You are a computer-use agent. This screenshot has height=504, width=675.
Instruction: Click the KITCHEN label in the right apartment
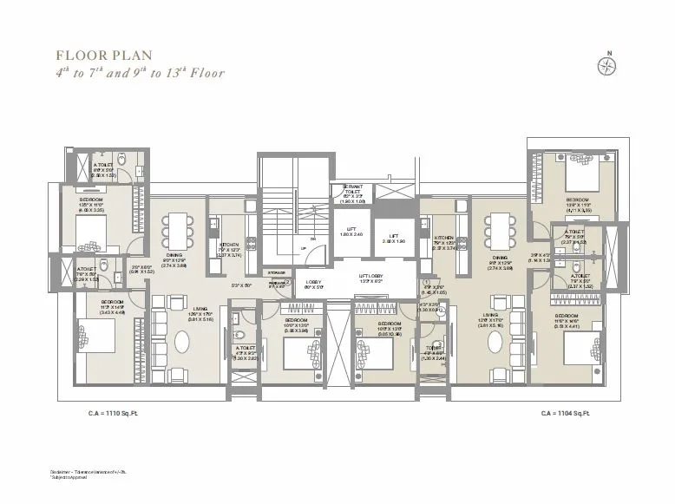444,238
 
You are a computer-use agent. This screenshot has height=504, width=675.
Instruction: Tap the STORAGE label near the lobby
276,272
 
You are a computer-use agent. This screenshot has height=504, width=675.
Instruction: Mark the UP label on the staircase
303,248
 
